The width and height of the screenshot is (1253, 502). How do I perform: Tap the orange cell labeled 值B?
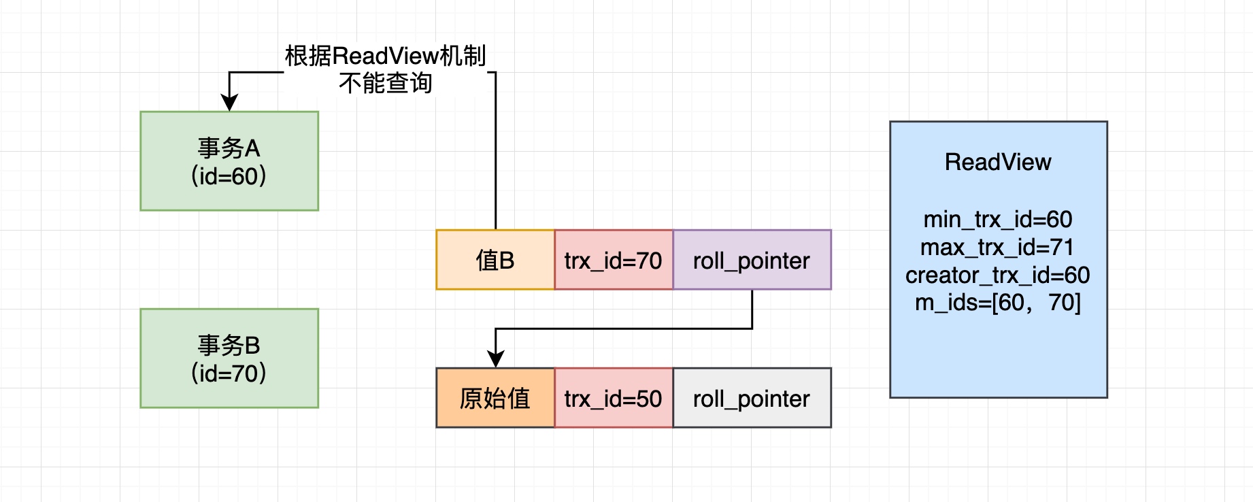coord(495,261)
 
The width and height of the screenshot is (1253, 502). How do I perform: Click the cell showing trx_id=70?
coord(613,261)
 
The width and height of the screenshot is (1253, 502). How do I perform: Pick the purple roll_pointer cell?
coord(751,261)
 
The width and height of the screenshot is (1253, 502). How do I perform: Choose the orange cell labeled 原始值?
coord(495,398)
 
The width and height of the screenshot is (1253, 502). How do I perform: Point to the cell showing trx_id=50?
coord(613,398)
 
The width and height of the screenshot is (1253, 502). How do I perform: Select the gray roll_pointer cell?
coord(751,398)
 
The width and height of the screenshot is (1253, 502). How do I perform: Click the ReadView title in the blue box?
coord(997,162)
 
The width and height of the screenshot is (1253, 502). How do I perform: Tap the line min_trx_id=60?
coord(997,219)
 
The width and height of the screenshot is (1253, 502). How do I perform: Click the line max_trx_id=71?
coord(997,247)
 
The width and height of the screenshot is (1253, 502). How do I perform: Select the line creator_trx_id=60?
coord(997,275)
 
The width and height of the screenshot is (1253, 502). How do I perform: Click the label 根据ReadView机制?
coord(385,56)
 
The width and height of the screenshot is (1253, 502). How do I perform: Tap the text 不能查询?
coord(385,83)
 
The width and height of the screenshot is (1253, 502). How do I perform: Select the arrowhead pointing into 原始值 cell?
coord(495,359)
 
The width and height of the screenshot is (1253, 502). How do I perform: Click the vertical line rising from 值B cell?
coord(495,156)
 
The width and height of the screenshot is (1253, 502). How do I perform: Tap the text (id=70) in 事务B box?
coord(229,373)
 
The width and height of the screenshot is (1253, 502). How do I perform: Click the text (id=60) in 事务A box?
coord(229,176)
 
